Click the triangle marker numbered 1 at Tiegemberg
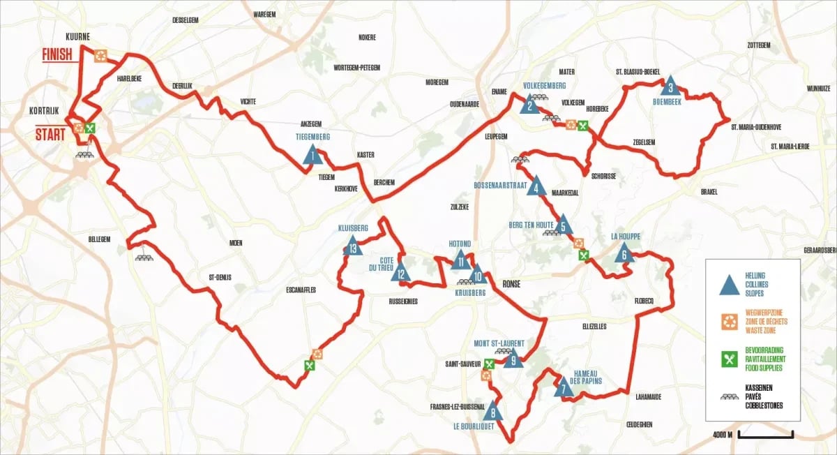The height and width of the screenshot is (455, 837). coord(312,154)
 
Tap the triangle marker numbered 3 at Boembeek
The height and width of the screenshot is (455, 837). coord(670,85)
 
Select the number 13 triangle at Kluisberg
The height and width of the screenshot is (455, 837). coord(353,246)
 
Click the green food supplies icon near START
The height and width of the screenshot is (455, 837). coord(89,128)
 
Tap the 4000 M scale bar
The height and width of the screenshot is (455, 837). coord(765,435)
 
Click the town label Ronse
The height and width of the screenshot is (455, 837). coord(512,284)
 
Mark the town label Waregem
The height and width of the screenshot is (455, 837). coord(265,13)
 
